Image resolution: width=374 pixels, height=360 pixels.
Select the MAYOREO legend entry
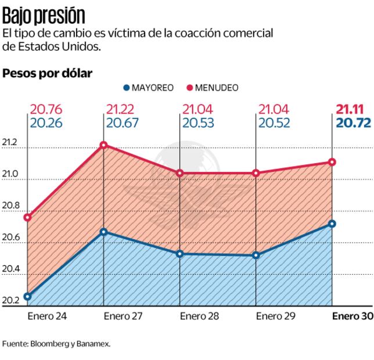click(x=149, y=88)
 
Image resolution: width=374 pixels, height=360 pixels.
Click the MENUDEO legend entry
click(x=211, y=88)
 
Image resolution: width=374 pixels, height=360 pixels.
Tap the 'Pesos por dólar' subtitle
click(x=48, y=74)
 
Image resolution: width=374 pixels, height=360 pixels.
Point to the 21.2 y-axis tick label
click(x=10, y=143)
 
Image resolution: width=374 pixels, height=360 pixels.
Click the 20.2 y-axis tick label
click(x=10, y=300)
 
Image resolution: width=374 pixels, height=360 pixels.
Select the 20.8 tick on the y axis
click(x=10, y=206)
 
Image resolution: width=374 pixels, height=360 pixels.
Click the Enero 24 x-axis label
click(x=47, y=316)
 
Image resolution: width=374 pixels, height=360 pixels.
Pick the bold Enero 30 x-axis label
click(x=352, y=316)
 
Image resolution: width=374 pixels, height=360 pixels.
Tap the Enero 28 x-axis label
click(x=199, y=316)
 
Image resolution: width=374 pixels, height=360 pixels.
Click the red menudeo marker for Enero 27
click(x=103, y=145)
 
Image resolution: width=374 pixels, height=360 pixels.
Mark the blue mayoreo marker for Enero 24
click(x=27, y=297)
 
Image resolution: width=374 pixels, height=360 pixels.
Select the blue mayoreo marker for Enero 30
click(x=332, y=224)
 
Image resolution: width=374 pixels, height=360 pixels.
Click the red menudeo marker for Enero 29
click(x=256, y=172)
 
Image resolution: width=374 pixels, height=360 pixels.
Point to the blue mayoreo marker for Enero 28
click(x=179, y=254)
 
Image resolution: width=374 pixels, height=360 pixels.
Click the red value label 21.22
click(x=123, y=109)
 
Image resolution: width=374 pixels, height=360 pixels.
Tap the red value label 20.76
click(x=46, y=109)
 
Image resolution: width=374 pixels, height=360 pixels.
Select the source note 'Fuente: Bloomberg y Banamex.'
click(x=56, y=344)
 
